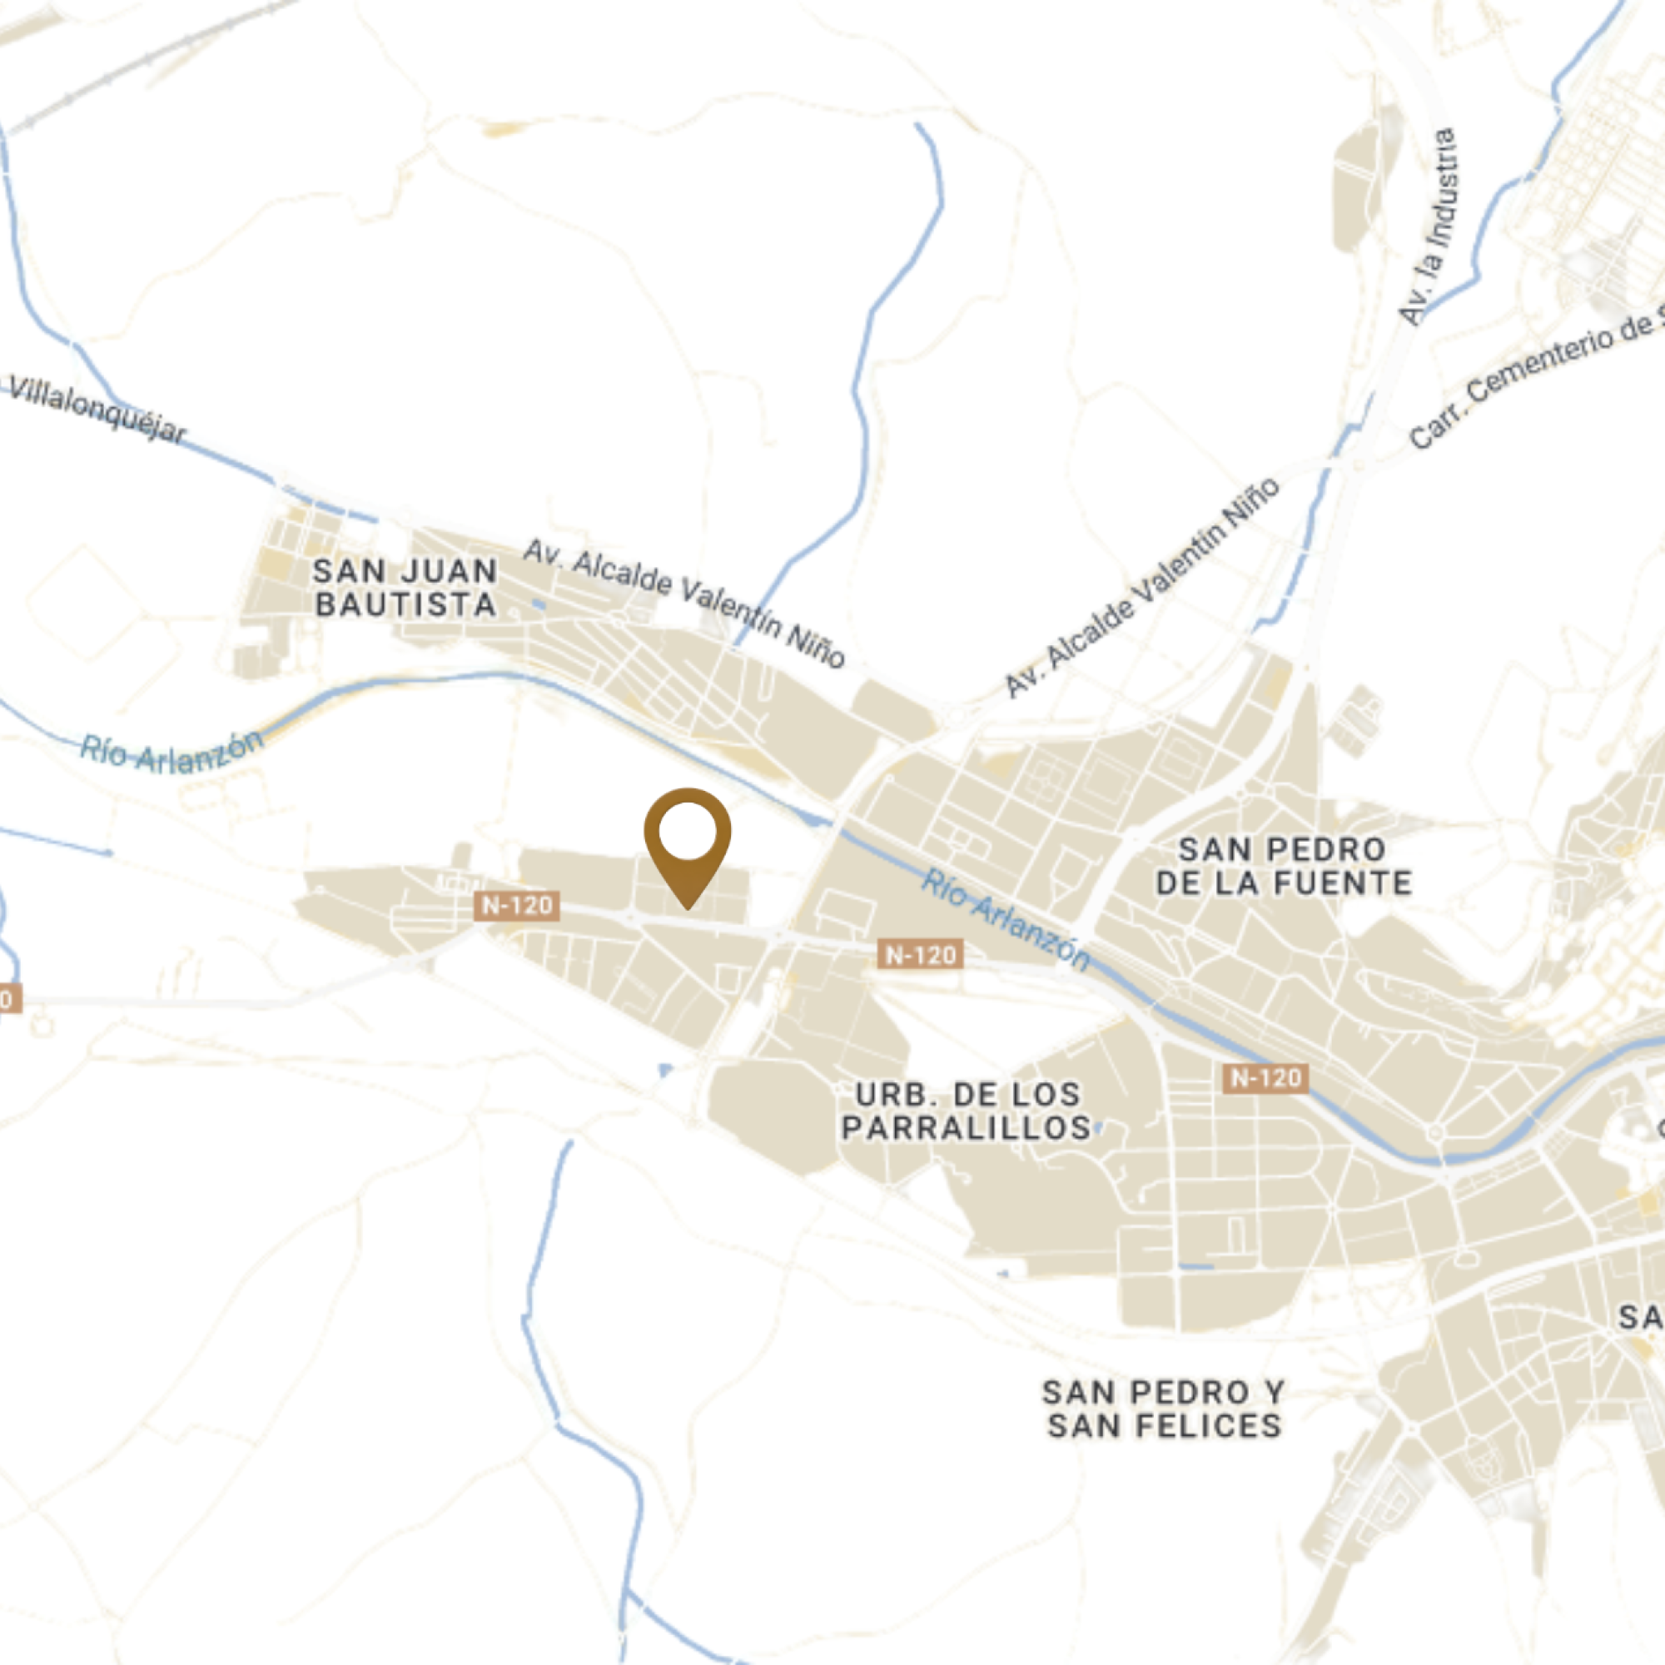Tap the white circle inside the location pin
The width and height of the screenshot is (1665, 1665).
[x=687, y=831]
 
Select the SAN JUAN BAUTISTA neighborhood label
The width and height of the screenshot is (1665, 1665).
[x=405, y=588]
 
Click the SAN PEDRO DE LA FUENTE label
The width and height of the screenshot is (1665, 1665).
[x=1283, y=866]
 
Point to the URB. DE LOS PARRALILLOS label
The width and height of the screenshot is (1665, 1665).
[x=967, y=1111]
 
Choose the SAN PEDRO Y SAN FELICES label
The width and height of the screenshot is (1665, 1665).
[x=1165, y=1409]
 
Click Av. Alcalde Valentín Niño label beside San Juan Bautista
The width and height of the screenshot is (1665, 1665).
[x=685, y=604]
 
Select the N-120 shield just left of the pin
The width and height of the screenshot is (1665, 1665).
[x=516, y=906]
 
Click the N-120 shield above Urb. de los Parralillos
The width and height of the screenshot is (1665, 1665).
[x=921, y=955]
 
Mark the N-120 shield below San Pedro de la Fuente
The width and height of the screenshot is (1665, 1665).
[x=1265, y=1078]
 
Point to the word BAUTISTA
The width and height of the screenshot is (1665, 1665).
[x=405, y=605]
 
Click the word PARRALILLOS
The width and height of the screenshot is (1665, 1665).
[x=967, y=1128]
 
